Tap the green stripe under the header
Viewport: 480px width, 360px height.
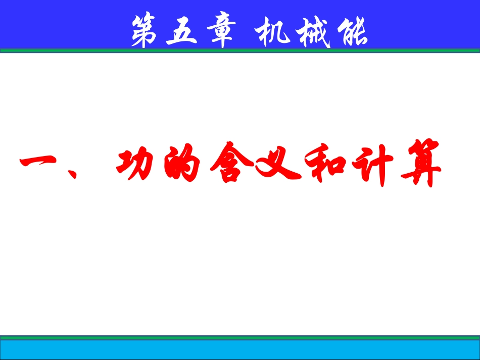click(240, 50)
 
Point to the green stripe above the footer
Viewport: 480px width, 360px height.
click(240, 336)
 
